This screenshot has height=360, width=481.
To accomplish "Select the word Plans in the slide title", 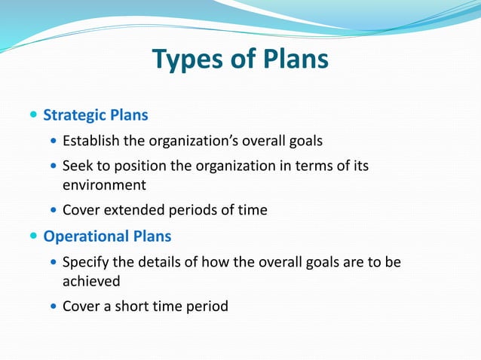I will (x=290, y=59).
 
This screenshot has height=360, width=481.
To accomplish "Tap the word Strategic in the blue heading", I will (x=75, y=116).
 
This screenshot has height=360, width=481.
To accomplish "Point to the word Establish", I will (x=87, y=140).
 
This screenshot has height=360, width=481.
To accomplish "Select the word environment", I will (x=104, y=185).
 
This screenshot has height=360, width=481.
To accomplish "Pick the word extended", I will (x=133, y=210).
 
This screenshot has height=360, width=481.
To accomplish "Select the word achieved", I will (x=91, y=281).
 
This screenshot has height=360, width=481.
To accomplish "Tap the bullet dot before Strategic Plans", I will (x=33, y=116).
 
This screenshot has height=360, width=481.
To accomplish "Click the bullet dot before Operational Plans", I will (x=33, y=236).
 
